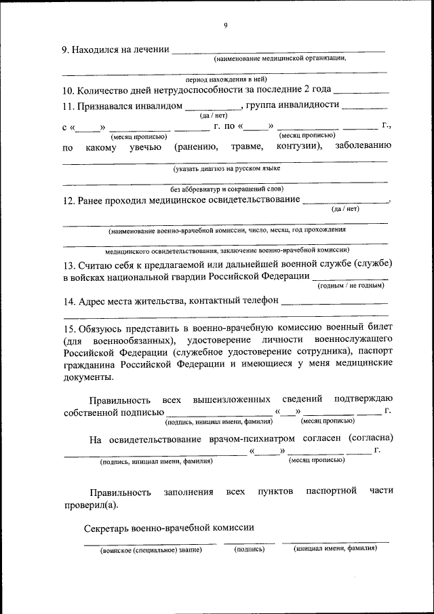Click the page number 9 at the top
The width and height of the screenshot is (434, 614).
pos(226,26)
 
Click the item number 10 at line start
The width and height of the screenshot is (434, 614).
pos(68,90)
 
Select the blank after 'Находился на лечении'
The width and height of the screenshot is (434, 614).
pos(278,50)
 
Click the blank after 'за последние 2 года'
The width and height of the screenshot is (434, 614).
pos(361,90)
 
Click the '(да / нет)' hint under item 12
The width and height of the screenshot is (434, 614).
pos(345,209)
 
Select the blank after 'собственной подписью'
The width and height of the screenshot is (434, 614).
pos(219,412)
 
